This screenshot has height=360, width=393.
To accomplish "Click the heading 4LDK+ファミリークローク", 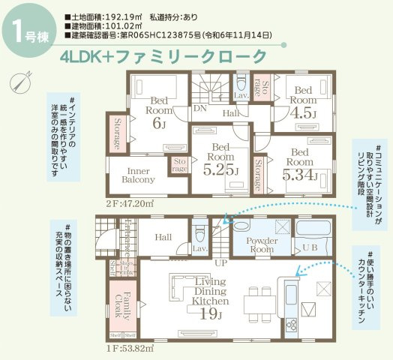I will [166, 56].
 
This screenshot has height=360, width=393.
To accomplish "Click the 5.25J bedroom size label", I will [221, 171].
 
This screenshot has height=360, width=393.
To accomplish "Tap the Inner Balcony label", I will [138, 175].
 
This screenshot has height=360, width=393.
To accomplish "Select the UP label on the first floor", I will [221, 263].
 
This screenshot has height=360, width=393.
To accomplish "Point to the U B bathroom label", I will [309, 247].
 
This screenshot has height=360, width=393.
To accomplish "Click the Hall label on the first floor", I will [163, 236].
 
